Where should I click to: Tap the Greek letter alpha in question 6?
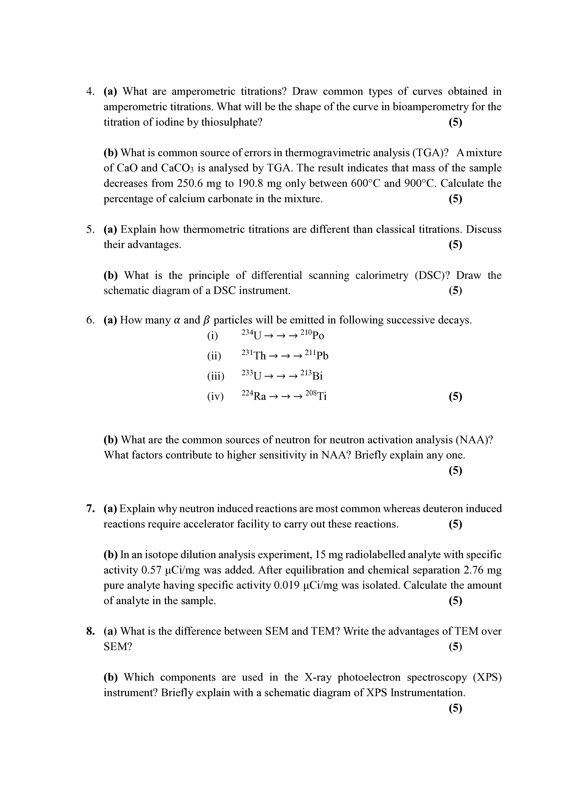[177, 320]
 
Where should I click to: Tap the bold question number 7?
[90, 509]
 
